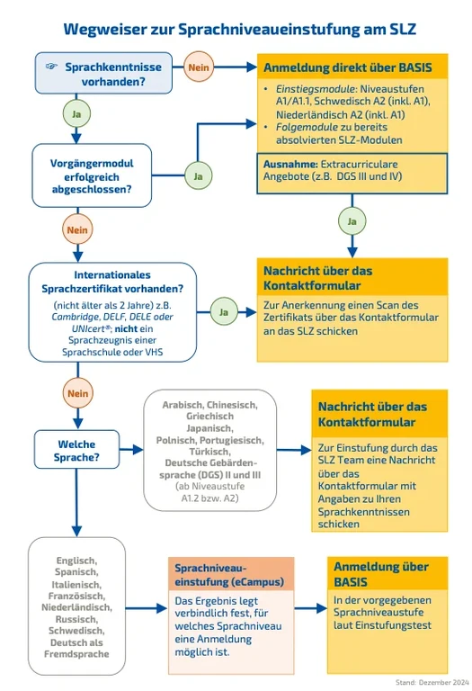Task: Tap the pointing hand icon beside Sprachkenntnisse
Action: point(52,67)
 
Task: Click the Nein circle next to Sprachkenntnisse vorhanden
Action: point(198,67)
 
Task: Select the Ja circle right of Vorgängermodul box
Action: point(198,175)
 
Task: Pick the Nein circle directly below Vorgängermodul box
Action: point(76,230)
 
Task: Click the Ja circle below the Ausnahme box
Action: point(352,220)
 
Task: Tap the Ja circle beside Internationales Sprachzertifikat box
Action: point(223,311)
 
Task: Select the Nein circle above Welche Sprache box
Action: point(76,391)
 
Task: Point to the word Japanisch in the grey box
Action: point(211,429)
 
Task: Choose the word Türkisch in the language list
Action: point(211,453)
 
